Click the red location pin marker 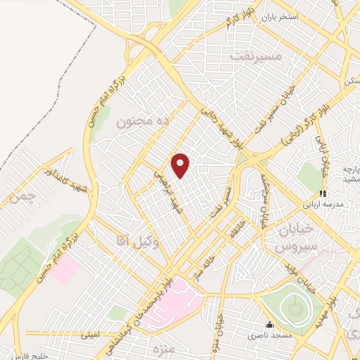[x=181, y=165]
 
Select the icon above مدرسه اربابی [x=323, y=193]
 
